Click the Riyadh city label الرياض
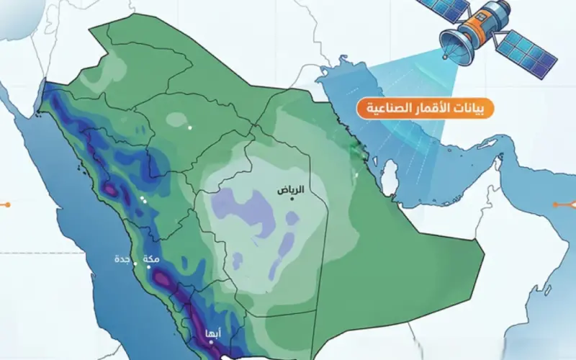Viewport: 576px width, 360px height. (x=292, y=190)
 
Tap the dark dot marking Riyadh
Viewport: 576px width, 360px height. (x=293, y=199)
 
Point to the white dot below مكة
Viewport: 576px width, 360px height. (x=150, y=267)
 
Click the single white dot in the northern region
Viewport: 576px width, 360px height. (x=190, y=127)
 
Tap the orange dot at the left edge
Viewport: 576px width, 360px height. (x=6, y=205)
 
